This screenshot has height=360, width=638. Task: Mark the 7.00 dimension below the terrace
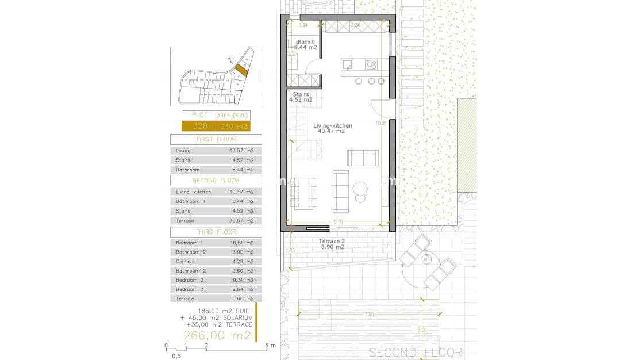tap(368, 314)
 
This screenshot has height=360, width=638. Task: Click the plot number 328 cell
tap(198, 126)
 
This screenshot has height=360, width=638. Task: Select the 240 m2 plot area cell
tap(238, 126)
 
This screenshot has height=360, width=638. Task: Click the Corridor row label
tap(186, 261)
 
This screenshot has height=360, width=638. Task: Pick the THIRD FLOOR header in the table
tap(216, 232)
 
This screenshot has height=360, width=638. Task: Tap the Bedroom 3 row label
tap(188, 289)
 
